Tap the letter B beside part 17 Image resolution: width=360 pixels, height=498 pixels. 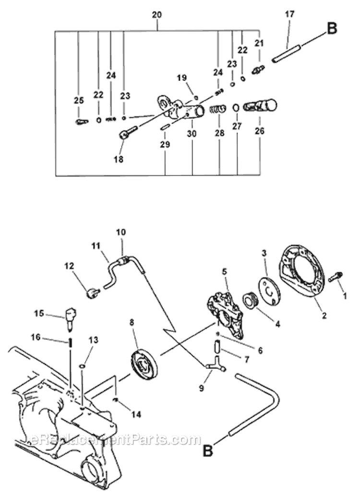(x=332, y=29)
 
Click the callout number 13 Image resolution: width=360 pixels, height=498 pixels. (x=93, y=340)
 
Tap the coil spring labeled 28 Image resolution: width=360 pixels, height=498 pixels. (x=218, y=109)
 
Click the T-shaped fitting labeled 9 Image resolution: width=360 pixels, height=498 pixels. (x=214, y=365)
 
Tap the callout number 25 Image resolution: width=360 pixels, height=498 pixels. (x=79, y=100)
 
